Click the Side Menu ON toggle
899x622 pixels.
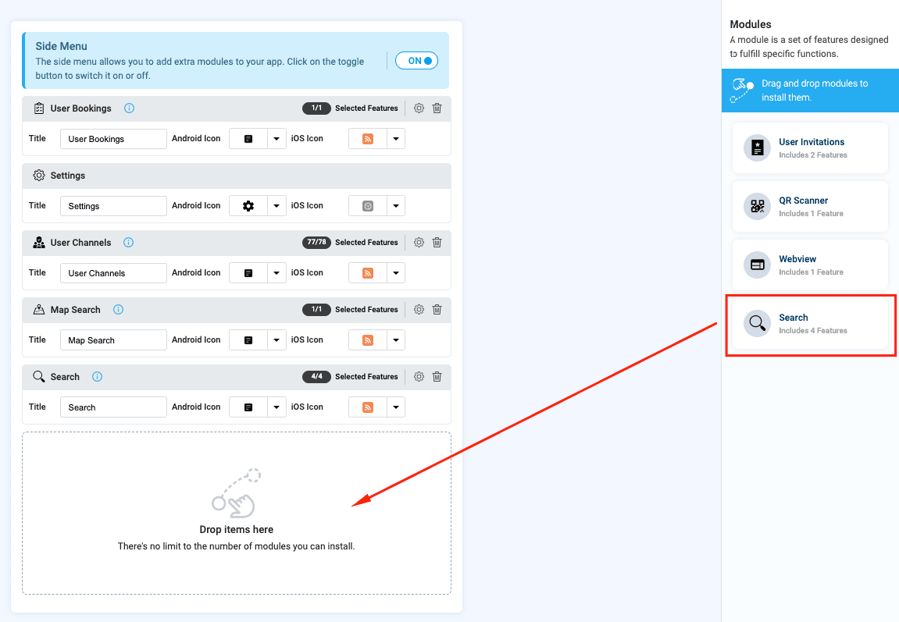(417, 61)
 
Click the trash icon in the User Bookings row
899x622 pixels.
(437, 108)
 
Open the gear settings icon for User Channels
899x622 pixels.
(419, 242)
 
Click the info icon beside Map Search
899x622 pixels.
(118, 309)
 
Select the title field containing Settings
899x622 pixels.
(113, 205)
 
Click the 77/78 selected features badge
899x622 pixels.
(316, 242)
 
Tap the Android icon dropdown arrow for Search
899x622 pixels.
(276, 407)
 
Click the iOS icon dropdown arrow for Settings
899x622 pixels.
(395, 205)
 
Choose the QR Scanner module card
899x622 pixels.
(810, 206)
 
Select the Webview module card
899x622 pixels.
(810, 265)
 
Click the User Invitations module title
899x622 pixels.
(812, 142)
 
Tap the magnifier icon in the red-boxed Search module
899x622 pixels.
(758, 323)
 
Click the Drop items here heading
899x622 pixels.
(236, 529)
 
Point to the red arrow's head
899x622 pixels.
(353, 505)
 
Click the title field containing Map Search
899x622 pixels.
(113, 340)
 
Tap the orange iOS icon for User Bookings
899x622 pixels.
(368, 139)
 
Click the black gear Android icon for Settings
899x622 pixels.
(248, 205)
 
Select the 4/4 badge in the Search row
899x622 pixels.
(316, 376)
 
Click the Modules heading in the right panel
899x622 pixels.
(751, 24)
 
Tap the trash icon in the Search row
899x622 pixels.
(437, 376)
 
